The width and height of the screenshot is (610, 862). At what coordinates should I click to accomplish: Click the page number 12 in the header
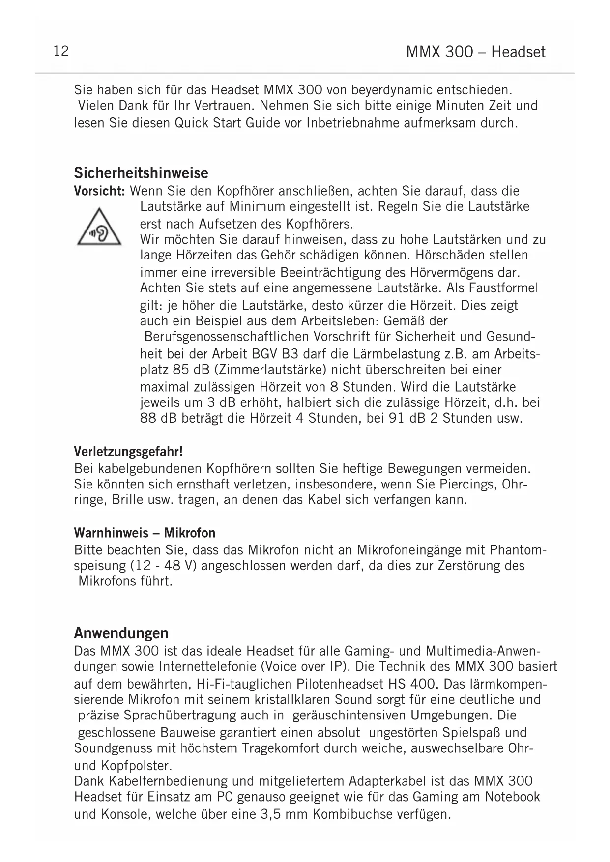coord(61,51)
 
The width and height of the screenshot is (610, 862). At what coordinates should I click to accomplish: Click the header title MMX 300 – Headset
coord(476,52)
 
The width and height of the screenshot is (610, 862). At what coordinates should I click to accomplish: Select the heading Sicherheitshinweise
coord(141,173)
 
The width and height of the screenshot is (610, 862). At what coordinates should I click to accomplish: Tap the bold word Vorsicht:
coord(100,191)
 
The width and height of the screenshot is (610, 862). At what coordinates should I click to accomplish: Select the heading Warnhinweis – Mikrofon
coord(145,533)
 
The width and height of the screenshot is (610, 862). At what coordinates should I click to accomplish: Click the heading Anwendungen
coord(121,632)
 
